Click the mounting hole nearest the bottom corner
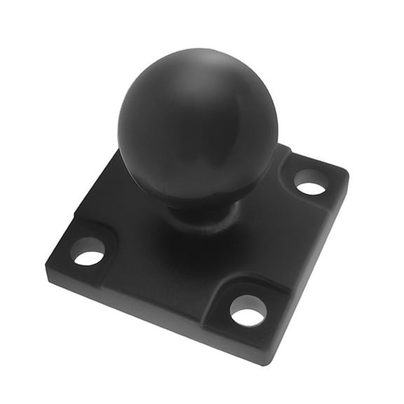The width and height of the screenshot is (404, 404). [x=248, y=310]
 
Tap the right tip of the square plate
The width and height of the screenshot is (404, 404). [x=348, y=173]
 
